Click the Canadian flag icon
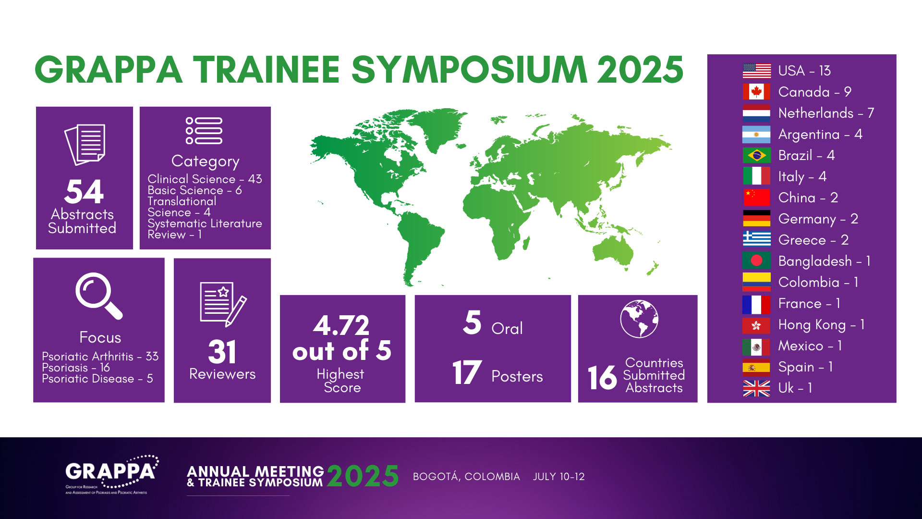[756, 92]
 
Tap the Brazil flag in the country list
[756, 155]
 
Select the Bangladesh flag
[756, 260]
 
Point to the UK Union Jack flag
[756, 388]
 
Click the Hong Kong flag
[756, 325]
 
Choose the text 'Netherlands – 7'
[826, 113]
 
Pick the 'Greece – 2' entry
[813, 240]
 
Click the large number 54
[84, 192]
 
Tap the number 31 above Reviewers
[222, 352]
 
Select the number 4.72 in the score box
[341, 326]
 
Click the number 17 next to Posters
[467, 372]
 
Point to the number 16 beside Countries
[602, 377]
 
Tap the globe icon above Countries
[639, 319]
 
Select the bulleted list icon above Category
[204, 131]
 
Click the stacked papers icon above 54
[85, 145]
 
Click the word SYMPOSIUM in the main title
[470, 70]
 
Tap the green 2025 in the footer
[363, 476]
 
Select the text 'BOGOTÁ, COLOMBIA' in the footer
[466, 477]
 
